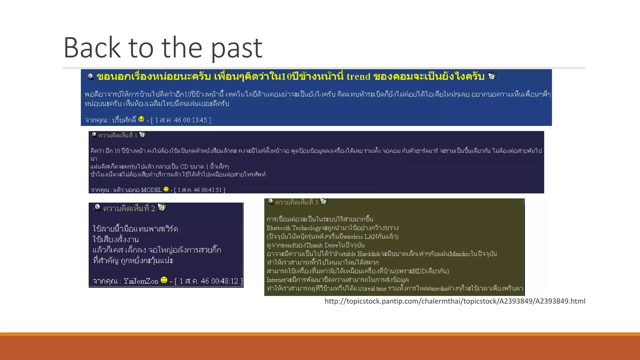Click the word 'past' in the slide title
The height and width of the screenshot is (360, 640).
coord(237,48)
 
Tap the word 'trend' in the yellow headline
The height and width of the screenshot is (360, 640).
coord(358,77)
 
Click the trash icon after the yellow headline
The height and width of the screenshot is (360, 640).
coord(492,76)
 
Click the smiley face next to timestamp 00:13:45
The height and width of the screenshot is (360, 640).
coord(141,119)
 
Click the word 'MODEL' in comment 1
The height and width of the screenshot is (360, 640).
coord(151,190)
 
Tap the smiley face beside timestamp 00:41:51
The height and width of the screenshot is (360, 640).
coord(166,189)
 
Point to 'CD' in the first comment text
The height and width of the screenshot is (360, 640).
coord(184,167)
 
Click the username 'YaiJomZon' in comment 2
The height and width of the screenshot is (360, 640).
coord(141,281)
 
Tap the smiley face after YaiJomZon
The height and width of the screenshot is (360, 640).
coord(164,280)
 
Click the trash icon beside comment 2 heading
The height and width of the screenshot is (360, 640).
coord(162,207)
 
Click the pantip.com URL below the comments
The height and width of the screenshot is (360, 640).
coord(455,301)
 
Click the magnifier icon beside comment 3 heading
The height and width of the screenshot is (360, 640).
coord(270,202)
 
